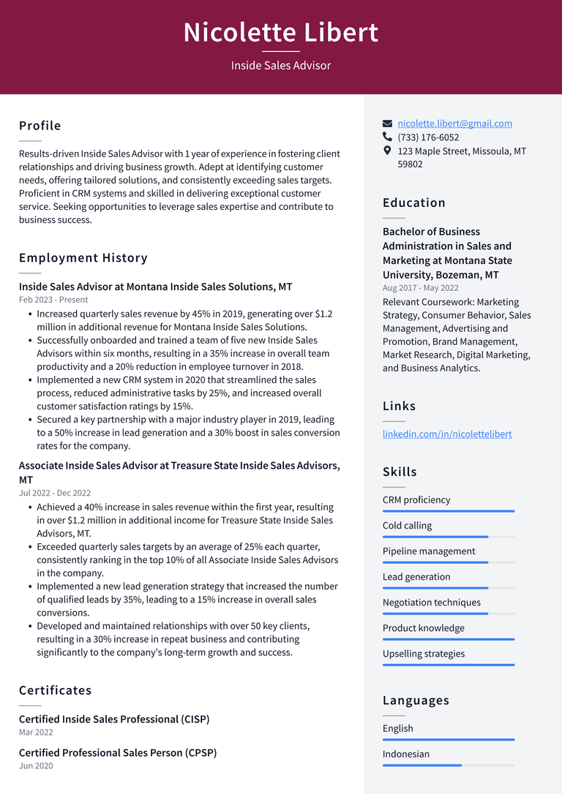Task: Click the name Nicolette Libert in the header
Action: coord(281,33)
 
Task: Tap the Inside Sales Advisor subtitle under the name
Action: coord(281,66)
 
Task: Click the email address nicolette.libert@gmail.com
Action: coord(454,124)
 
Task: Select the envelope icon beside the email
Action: coord(388,124)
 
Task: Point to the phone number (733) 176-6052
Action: coord(428,137)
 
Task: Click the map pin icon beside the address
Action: coord(388,151)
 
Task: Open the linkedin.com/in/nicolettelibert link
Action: coord(447,434)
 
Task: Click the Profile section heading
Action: coord(40,126)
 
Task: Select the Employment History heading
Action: coord(83,257)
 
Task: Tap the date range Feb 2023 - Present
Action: coord(53,300)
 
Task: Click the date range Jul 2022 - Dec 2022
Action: coord(55,494)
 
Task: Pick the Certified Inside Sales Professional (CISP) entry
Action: coord(114,719)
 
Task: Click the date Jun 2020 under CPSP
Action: coord(36,765)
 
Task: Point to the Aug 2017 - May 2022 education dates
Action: coord(421,288)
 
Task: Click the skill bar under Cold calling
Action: coord(448,537)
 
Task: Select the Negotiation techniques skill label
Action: coord(432,602)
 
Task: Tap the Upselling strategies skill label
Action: coord(424,654)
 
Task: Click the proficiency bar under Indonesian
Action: coord(448,765)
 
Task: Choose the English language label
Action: coord(398,728)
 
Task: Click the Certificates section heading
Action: coord(56,690)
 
